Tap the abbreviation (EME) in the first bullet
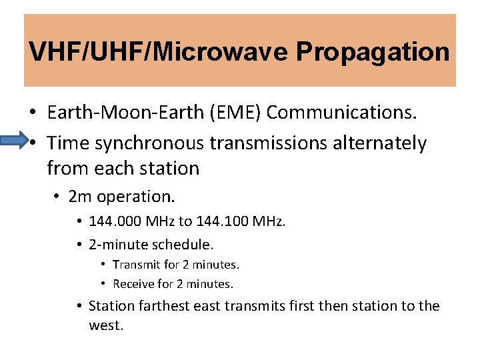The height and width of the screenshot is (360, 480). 239,113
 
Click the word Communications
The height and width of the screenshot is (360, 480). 342,113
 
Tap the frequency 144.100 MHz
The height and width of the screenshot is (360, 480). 241,221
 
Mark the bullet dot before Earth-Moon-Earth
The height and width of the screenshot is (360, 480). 32,113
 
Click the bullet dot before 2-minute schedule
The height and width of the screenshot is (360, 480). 79,245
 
